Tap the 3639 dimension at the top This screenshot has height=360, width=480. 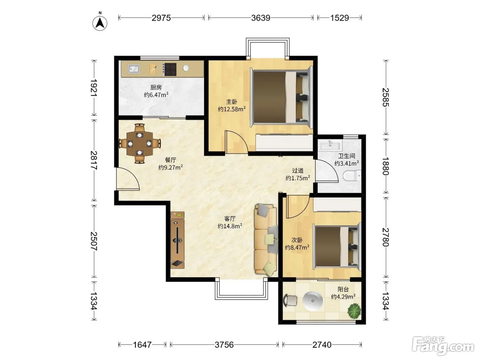261,18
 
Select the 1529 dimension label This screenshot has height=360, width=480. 339,18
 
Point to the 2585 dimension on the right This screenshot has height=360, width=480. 386,97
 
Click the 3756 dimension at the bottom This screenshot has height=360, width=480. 224,345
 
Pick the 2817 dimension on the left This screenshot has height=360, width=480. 94,160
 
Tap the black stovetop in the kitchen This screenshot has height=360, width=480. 170,69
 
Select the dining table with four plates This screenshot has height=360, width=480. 140,144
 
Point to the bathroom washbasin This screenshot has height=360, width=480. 330,145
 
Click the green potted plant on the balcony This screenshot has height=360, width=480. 354,310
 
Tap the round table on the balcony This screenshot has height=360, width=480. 313,301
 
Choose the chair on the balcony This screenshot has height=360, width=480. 290,300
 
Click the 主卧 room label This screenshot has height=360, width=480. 231,101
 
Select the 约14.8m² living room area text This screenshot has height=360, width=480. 230,226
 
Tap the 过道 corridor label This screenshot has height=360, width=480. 298,170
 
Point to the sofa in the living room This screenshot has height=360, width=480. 266,239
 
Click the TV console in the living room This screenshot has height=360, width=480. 177,240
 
